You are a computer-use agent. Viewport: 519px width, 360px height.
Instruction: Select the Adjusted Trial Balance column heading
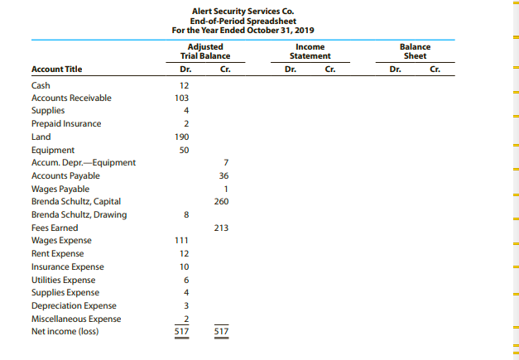click(x=204, y=51)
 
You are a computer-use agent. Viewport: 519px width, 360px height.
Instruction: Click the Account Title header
click(x=56, y=70)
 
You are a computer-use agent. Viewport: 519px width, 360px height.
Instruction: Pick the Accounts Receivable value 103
click(x=185, y=98)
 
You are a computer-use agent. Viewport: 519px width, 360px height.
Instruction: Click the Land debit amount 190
click(x=185, y=137)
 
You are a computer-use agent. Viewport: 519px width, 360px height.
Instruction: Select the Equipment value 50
click(x=185, y=150)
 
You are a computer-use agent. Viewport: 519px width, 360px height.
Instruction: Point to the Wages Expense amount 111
click(x=185, y=241)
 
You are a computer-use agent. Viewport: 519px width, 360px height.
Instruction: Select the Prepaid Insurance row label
click(x=66, y=123)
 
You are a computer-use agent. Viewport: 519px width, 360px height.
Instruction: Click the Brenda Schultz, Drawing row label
click(x=79, y=214)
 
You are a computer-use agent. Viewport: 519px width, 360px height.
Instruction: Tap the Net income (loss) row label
click(x=64, y=332)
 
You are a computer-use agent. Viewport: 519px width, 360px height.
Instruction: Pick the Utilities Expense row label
click(x=63, y=280)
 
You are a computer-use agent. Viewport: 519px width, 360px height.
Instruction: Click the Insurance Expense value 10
click(x=185, y=266)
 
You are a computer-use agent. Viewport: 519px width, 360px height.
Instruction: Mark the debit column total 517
click(x=185, y=332)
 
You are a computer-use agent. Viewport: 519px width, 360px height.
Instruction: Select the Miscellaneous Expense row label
click(x=75, y=319)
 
